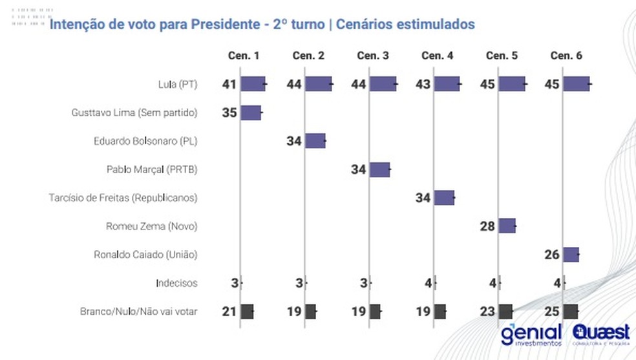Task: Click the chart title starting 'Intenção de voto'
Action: [x=262, y=25]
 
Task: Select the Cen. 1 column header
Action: [x=244, y=56]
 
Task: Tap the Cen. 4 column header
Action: [x=438, y=56]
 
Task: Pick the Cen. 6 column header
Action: [x=566, y=56]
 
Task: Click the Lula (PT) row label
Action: [x=178, y=84]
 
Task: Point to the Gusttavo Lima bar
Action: [x=251, y=112]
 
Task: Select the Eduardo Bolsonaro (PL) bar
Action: [x=315, y=141]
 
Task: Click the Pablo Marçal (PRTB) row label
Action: [x=152, y=169]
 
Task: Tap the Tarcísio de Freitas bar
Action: [x=444, y=198]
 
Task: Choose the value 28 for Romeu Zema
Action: [x=488, y=226]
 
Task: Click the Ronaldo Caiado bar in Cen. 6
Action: [x=571, y=255]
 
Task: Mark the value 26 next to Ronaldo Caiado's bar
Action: [x=553, y=255]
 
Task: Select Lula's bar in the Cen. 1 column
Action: [x=253, y=84]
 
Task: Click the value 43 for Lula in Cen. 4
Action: [x=423, y=84]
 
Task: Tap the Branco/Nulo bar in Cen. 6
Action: [x=571, y=312]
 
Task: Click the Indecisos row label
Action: [x=176, y=283]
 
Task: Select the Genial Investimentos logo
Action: [x=531, y=334]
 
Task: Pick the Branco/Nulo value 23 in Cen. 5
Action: [x=488, y=312]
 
